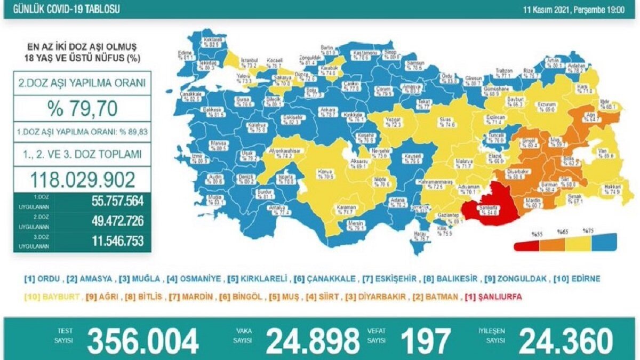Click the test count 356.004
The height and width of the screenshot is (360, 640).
click(x=143, y=341)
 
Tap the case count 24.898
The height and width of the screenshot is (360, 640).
click(x=313, y=341)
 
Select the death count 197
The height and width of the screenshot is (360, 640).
click(x=426, y=341)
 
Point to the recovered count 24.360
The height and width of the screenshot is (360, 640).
click(x=566, y=341)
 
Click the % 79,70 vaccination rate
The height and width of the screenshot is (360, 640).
click(x=82, y=109)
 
